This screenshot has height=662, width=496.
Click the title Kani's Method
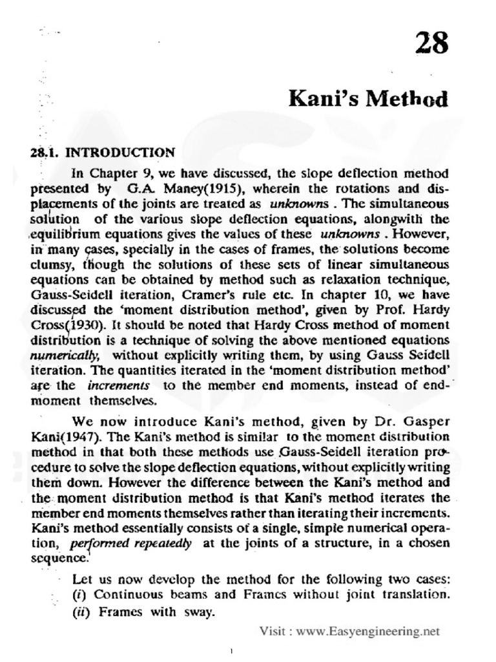click(367, 100)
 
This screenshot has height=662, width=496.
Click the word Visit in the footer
click(274, 629)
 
